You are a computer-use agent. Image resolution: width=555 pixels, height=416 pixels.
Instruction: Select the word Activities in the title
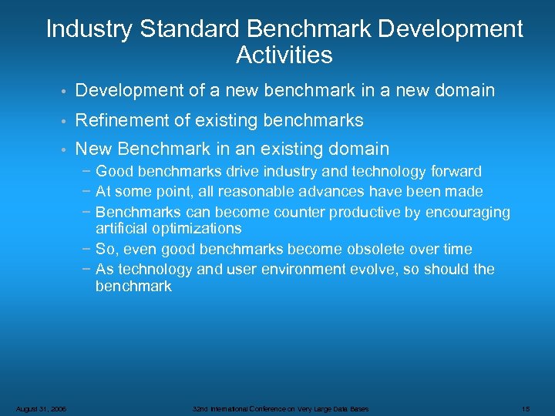pos(284,55)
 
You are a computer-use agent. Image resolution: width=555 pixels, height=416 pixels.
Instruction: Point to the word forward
pos(453,171)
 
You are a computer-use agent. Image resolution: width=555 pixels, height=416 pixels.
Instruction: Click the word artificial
pos(125,228)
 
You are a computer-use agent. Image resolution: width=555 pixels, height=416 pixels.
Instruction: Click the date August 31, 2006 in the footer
pos(41,408)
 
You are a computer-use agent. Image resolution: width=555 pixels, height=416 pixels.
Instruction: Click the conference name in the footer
pos(281,408)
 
